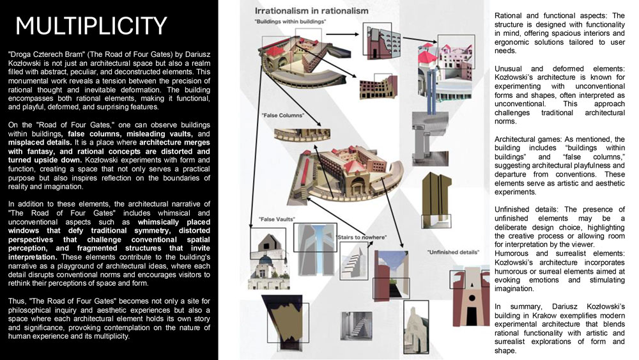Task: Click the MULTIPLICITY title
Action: (91, 26)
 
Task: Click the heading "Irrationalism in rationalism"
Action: (311, 11)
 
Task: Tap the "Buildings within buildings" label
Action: (291, 22)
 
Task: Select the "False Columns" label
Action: (282, 116)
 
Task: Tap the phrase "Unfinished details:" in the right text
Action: (527, 209)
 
